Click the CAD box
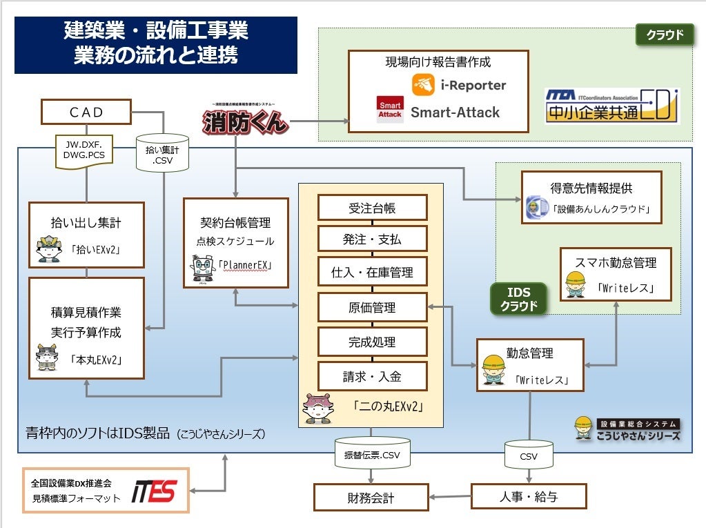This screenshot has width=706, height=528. click(86, 111)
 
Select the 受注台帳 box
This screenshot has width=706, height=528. click(372, 207)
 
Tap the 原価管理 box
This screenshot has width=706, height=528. click(372, 308)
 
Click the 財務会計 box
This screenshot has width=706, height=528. click(372, 497)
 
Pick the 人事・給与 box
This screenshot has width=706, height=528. click(529, 496)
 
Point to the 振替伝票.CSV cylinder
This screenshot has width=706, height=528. click(372, 453)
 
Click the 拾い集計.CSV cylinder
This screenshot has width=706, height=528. click(163, 153)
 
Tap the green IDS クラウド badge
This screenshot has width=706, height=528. click(519, 300)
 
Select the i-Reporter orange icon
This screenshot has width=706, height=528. click(423, 85)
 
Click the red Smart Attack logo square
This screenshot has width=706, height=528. click(389, 110)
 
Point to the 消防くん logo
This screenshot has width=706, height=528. click(245, 121)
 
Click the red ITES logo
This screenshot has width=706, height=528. click(155, 491)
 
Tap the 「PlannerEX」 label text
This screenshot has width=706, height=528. click(244, 265)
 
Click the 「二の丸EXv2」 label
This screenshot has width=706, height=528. click(387, 407)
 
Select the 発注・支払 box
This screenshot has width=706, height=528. click(372, 239)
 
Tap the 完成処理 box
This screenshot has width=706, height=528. click(372, 342)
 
